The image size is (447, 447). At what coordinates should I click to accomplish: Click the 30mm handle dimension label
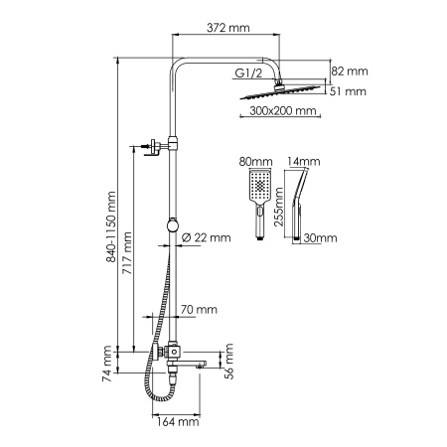tap(321, 238)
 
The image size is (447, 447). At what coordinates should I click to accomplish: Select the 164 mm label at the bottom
tap(182, 422)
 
